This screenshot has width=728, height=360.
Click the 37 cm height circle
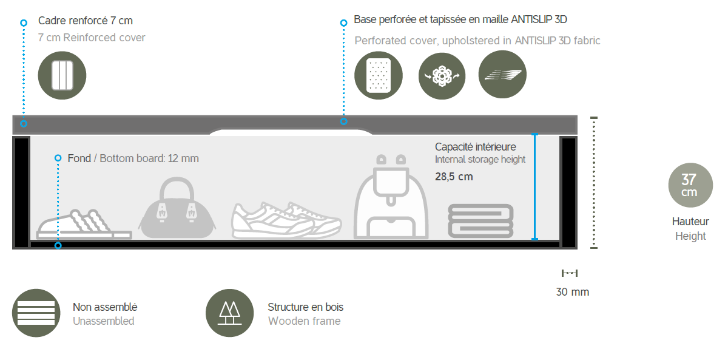pyautogui.click(x=690, y=185)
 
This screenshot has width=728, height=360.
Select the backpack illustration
pyautogui.click(x=391, y=197)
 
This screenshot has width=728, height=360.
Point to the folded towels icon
pyautogui.click(x=480, y=221)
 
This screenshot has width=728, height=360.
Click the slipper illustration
pyautogui.click(x=84, y=225)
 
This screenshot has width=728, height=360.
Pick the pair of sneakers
pyautogui.click(x=286, y=220)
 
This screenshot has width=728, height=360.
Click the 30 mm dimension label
pyautogui.click(x=572, y=292)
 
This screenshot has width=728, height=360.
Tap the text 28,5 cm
pyautogui.click(x=454, y=177)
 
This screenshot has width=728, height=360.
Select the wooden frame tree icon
pyautogui.click(x=229, y=313)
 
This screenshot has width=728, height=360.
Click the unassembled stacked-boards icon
pyautogui.click(x=36, y=313)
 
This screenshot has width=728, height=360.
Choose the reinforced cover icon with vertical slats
pyautogui.click(x=62, y=75)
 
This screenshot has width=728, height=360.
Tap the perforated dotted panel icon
pyautogui.click(x=379, y=75)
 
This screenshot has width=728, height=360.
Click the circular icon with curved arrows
pyautogui.click(x=442, y=76)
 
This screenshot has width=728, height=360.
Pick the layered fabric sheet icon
pyautogui.click(x=502, y=75)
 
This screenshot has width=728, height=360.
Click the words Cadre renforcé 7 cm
pyautogui.click(x=86, y=21)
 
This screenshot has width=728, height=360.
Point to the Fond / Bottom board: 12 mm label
pyautogui.click(x=133, y=158)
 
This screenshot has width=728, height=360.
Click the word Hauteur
pyautogui.click(x=690, y=222)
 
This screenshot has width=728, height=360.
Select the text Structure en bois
pyautogui.click(x=306, y=307)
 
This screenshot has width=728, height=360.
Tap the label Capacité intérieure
pyautogui.click(x=476, y=147)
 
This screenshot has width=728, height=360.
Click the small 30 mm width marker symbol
pyautogui.click(x=570, y=273)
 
